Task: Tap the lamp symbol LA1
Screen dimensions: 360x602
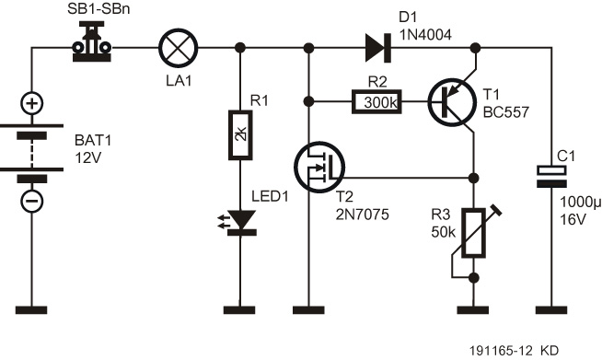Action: (175, 45)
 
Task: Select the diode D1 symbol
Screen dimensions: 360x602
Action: (375, 45)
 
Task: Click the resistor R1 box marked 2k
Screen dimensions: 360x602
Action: (241, 134)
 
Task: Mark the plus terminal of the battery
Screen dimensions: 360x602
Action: (31, 103)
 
